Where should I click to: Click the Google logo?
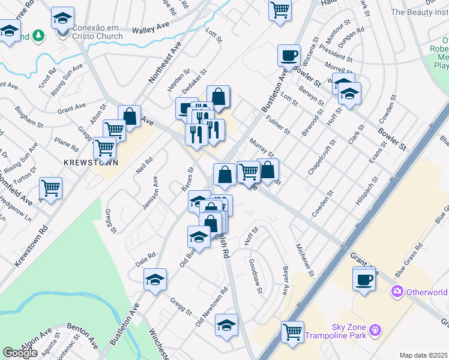[20, 353]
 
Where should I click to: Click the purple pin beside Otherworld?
[396, 292]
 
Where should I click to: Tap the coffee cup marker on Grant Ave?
[364, 278]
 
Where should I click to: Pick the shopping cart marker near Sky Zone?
[293, 331]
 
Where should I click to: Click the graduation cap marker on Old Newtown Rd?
[226, 325]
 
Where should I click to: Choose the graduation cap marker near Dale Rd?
[155, 280]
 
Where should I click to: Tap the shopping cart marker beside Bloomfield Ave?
[52, 188]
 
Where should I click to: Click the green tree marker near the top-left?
[39, 37]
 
